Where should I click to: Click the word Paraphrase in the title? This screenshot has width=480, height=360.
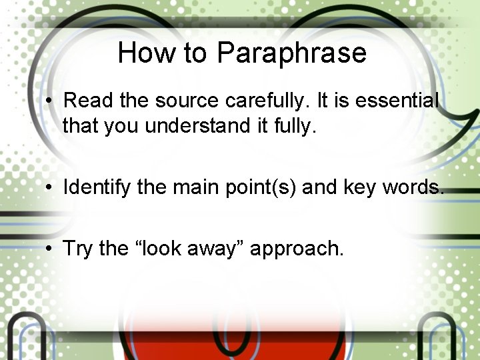tap(292, 53)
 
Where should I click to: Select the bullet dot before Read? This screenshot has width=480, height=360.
tap(50, 101)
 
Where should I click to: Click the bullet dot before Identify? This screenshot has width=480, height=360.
tap(50, 188)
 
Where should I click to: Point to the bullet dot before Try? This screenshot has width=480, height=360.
tap(50, 249)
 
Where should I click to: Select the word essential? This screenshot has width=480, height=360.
tap(397, 101)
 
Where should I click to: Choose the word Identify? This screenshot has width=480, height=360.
tap(97, 188)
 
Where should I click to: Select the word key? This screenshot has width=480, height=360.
tap(360, 188)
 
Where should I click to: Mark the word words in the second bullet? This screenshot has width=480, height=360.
tap(412, 188)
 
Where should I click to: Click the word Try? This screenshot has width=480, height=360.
tap(77, 249)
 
